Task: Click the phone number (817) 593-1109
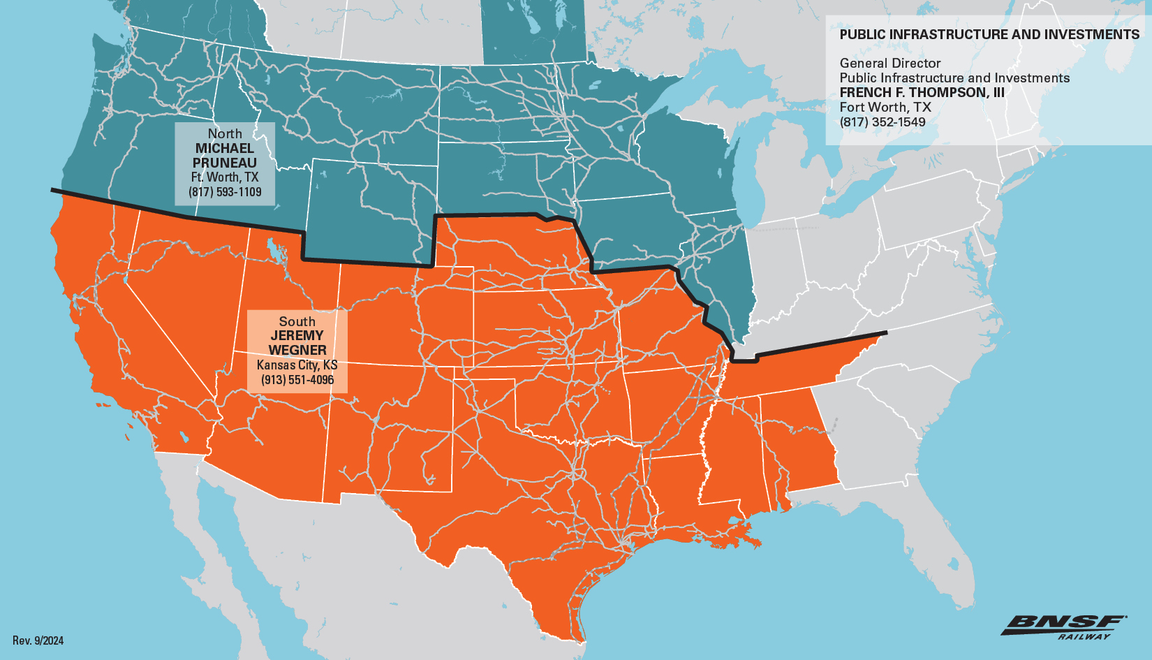pos(225,192)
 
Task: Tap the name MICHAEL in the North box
pos(225,148)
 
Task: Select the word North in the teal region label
pos(225,133)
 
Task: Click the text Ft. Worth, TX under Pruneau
pos(225,177)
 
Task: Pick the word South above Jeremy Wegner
pos(297,321)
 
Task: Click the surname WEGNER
pos(297,350)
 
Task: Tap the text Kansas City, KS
pos(297,365)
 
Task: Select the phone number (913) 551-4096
pos(297,380)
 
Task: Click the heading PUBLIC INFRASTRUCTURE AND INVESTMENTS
pos(989,34)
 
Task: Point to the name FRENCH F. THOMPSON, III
pos(922,92)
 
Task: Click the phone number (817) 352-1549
pos(883,122)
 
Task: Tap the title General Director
pos(890,63)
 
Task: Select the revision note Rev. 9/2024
pos(38,640)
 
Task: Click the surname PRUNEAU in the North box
pos(225,163)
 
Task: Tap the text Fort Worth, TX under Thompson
pos(885,107)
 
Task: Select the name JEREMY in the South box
pos(297,335)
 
